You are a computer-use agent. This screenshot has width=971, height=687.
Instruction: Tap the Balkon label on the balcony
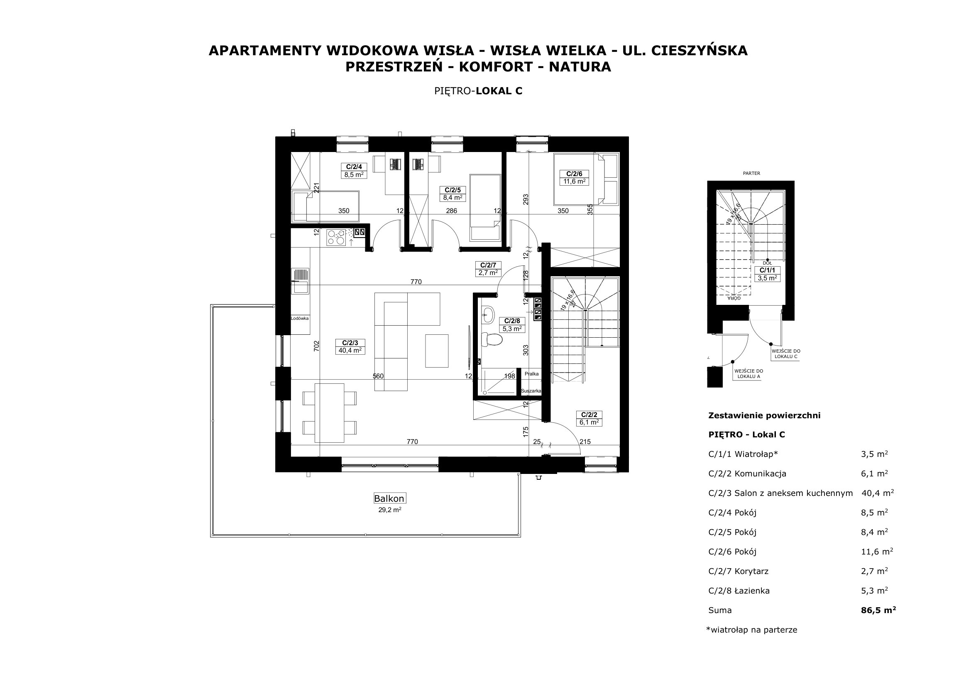pos(389,498)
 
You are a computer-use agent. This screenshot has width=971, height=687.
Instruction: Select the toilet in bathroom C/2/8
pos(492,339)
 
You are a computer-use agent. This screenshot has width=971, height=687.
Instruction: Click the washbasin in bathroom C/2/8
pos(488,314)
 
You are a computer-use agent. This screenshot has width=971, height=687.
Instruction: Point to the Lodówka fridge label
pos(300,318)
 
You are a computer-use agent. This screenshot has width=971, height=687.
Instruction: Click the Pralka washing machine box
pos(532,374)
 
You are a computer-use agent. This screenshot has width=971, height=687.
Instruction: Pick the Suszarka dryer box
pos(531,391)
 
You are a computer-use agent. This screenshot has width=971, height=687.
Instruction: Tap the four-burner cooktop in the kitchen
pos(336,238)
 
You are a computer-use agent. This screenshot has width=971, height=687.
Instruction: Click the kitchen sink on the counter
pos(300,280)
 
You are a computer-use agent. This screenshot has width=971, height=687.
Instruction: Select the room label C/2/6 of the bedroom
pos(574,174)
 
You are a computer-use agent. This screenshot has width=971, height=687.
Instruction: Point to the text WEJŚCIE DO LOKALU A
pos(748,373)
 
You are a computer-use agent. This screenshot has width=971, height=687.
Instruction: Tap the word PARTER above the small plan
pos(751,173)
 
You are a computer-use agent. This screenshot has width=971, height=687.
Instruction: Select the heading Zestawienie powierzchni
pos(764,415)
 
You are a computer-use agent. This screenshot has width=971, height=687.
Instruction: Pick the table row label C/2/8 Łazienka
pos(739,591)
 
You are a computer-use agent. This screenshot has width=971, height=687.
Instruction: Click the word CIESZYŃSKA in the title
pos(700,50)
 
